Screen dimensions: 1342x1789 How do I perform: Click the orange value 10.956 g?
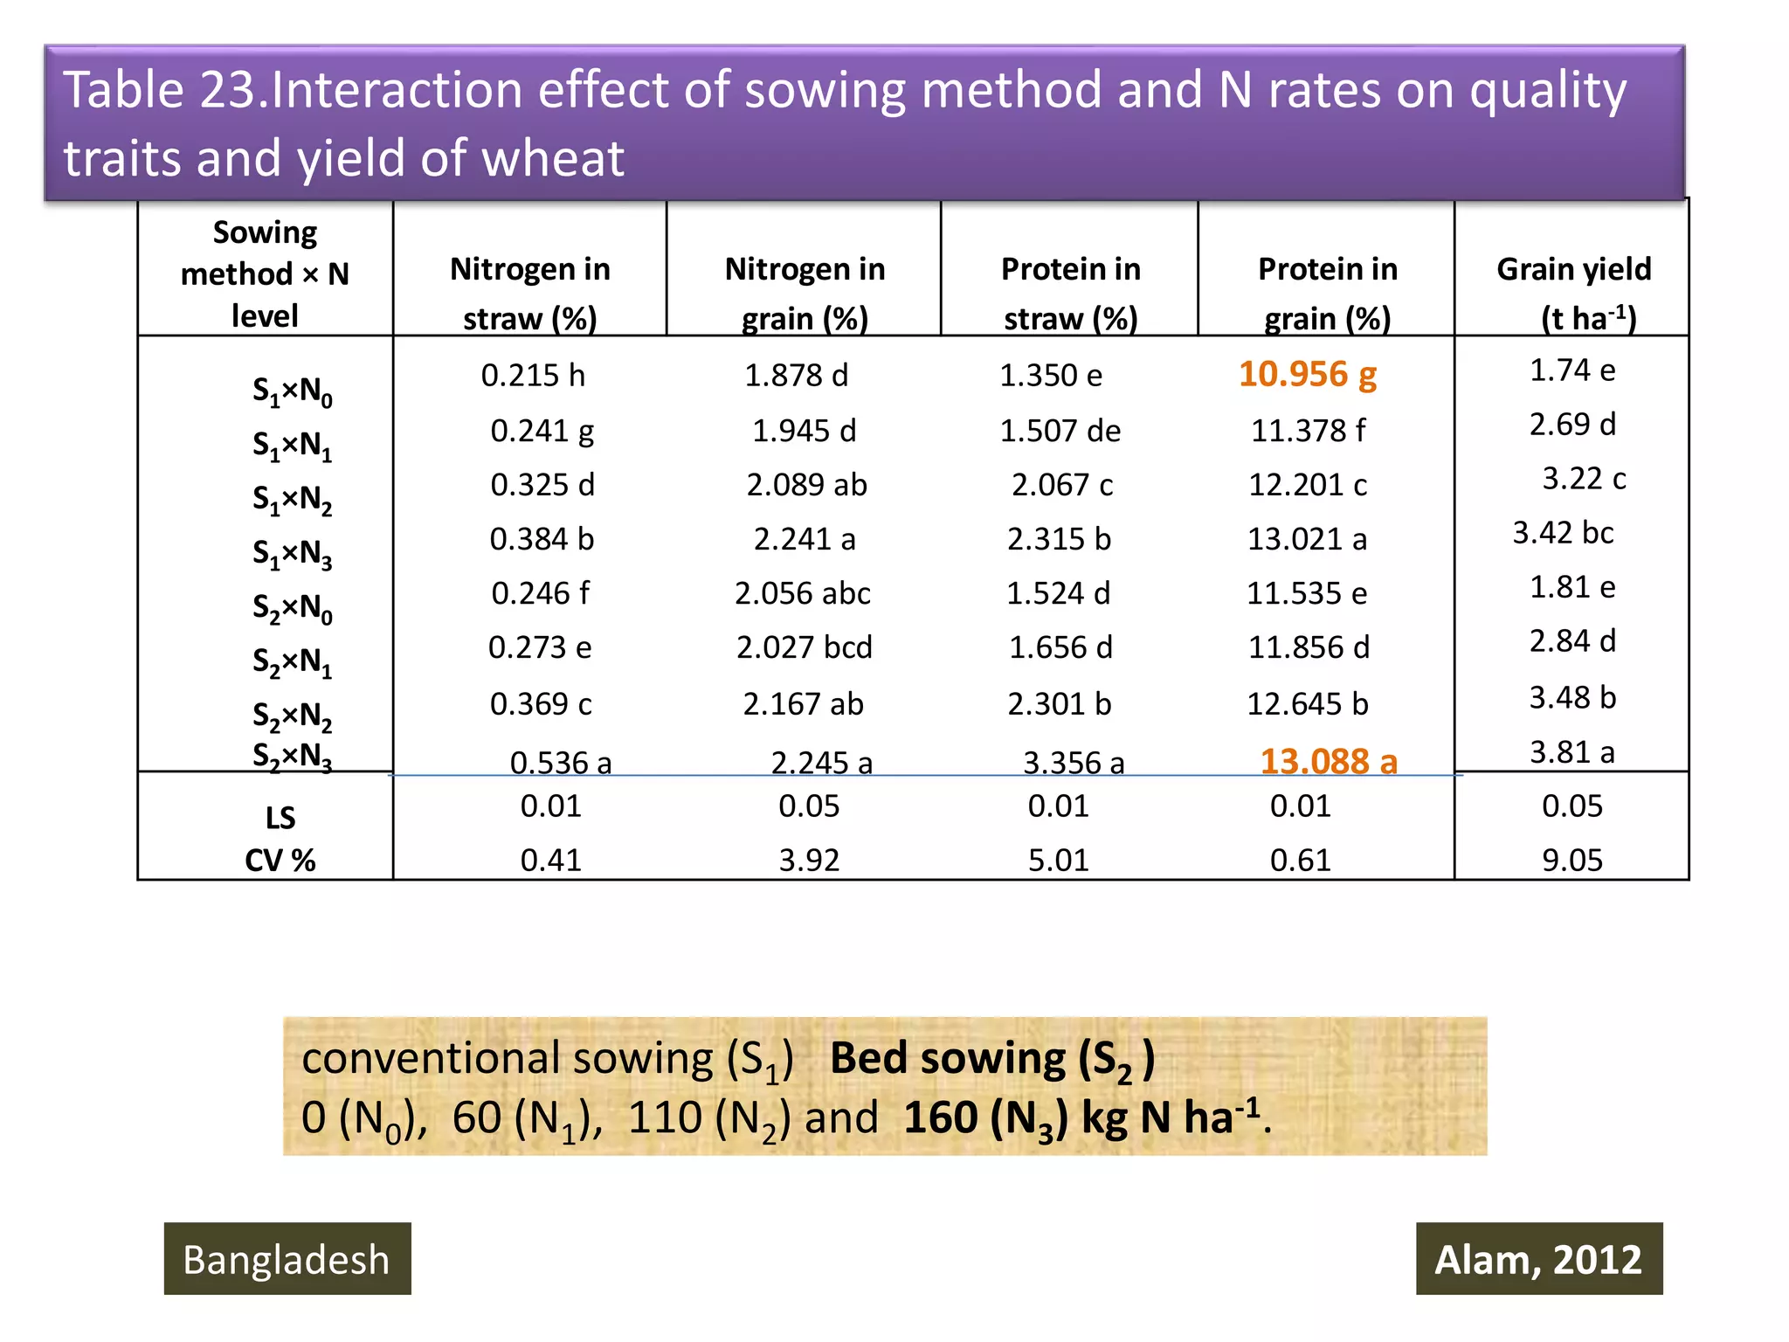click(x=1307, y=375)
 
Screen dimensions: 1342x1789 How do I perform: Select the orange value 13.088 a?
click(x=1328, y=762)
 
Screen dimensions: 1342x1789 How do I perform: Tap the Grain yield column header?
click(x=1573, y=292)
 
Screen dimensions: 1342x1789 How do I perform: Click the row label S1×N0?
click(x=292, y=391)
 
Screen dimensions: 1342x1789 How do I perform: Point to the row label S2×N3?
click(x=292, y=756)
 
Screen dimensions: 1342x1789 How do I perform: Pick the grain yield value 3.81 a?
click(x=1571, y=751)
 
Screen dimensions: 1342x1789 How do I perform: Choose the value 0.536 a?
click(x=560, y=763)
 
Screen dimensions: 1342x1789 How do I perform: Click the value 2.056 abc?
click(x=802, y=594)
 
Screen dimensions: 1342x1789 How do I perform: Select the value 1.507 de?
click(x=1060, y=431)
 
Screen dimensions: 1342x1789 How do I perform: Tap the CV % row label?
click(x=280, y=861)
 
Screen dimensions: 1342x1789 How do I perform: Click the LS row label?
click(x=280, y=819)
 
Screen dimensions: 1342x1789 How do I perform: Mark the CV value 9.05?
click(x=1571, y=861)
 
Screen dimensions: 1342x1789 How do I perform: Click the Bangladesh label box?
click(x=287, y=1259)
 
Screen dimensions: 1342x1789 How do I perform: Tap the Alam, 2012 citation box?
click(x=1538, y=1259)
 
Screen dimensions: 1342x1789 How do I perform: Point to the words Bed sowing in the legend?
click(x=948, y=1058)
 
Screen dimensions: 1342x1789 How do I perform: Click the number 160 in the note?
click(x=939, y=1117)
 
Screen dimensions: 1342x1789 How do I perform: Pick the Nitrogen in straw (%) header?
click(x=529, y=292)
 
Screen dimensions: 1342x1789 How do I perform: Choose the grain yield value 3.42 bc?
click(x=1563, y=533)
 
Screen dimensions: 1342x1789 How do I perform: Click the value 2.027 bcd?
click(x=804, y=647)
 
